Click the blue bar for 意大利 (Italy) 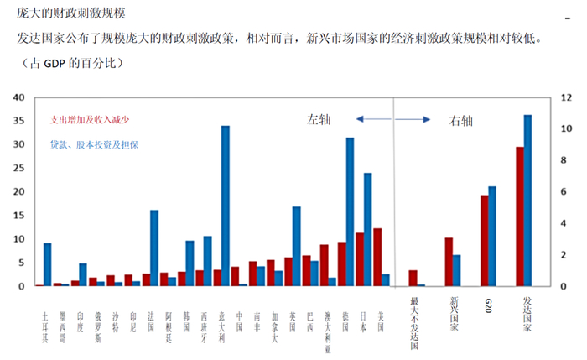(x=226, y=206)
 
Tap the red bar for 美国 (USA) (x=377, y=258)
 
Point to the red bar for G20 (x=484, y=241)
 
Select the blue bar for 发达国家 (x=527, y=201)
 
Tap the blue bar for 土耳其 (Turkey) (x=48, y=265)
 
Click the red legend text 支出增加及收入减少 (x=90, y=120)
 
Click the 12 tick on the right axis (x=565, y=97)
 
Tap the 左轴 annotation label (x=319, y=120)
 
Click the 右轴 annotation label (x=461, y=120)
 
